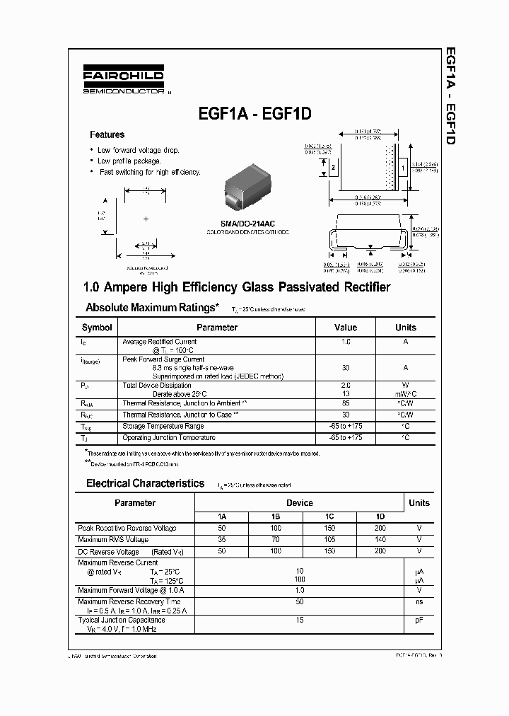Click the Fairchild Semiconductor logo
point(123,81)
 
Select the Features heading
point(107,134)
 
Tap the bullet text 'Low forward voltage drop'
point(138,150)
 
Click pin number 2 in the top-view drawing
point(333,168)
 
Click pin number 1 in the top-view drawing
point(402,168)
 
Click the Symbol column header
point(97,328)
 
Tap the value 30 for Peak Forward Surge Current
point(346,368)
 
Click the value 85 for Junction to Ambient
point(346,403)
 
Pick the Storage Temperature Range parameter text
point(163,426)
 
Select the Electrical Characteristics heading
point(145,484)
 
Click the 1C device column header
point(329,516)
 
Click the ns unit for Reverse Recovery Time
point(419,601)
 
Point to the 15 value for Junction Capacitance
point(300,620)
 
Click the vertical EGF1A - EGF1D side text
point(449,96)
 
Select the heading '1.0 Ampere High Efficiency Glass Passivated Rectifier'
point(237,287)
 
